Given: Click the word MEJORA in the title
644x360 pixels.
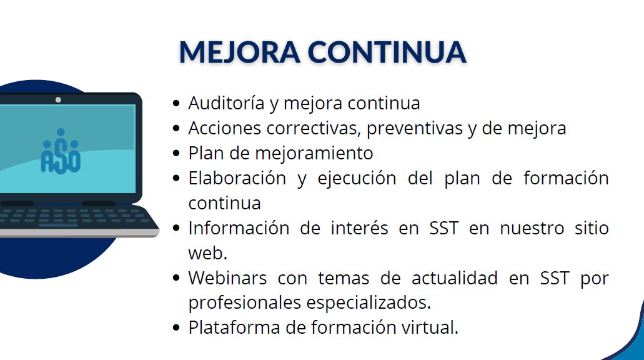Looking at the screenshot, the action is (x=240, y=52).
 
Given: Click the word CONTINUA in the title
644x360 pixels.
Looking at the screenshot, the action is (x=387, y=52).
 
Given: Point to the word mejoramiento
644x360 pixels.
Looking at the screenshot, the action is (x=314, y=153).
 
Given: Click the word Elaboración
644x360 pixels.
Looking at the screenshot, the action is (x=237, y=178).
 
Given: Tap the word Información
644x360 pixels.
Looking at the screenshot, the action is (x=239, y=228).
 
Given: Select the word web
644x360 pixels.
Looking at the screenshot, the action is (x=208, y=253).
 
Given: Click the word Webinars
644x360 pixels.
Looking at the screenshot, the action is (x=227, y=278).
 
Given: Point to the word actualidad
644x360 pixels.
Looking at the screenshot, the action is (x=455, y=278).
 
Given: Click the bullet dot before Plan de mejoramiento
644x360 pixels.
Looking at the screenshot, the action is (x=177, y=153).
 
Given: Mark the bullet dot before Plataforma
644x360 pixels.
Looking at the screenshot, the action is (x=177, y=328).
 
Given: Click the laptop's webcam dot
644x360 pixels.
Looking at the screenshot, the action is (x=58, y=100).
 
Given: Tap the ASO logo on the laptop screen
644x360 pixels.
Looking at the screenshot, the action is (x=61, y=151).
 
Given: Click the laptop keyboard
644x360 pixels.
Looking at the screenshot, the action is (x=74, y=217).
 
